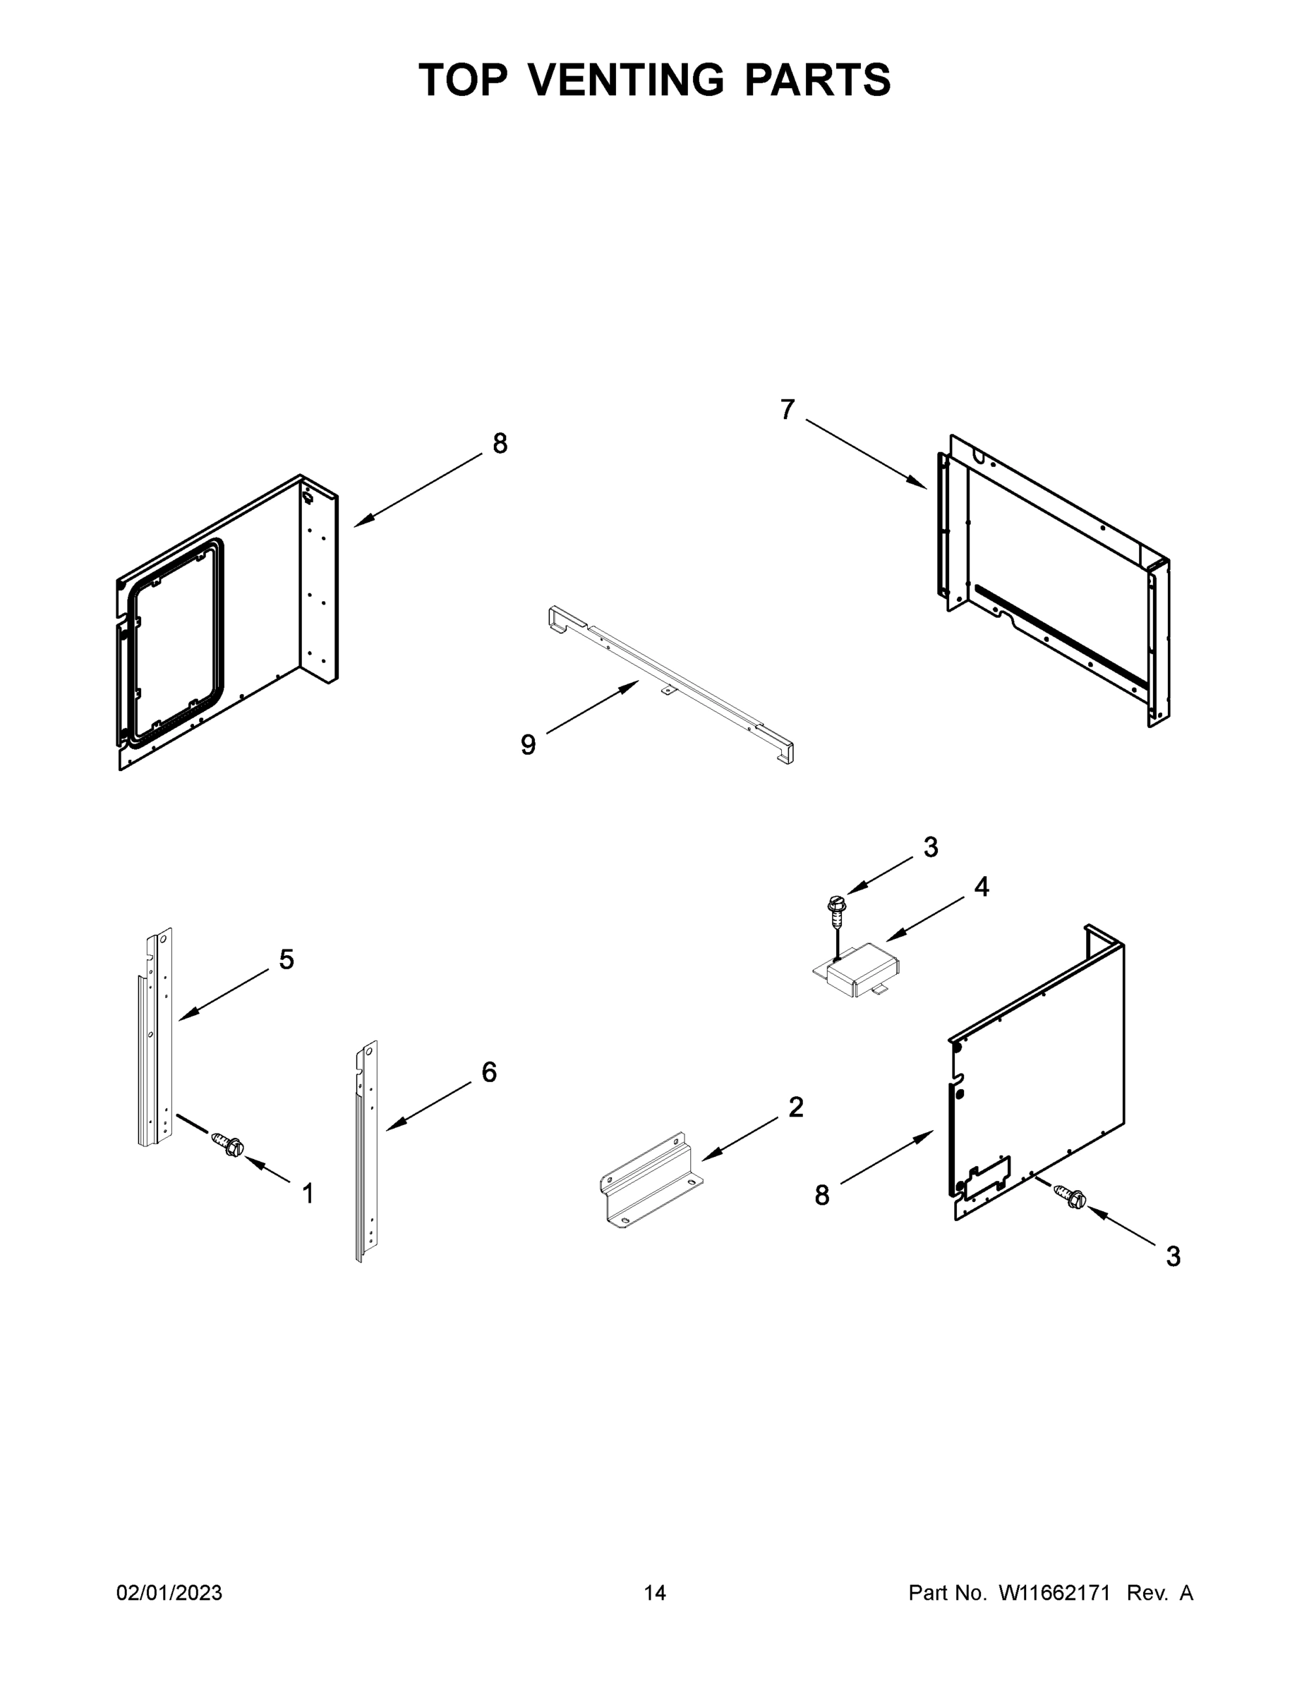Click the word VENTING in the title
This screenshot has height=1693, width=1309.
pos(627,80)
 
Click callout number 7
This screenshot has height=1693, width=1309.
pos(787,409)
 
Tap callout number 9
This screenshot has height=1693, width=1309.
pos(528,745)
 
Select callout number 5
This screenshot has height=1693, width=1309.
pos(287,959)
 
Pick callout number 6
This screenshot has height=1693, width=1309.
pos(489,1072)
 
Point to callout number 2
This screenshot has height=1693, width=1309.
pos(797,1108)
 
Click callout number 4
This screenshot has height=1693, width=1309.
pos(982,887)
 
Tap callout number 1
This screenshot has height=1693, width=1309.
pos(308,1194)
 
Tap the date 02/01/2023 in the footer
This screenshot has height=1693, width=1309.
pos(169,1592)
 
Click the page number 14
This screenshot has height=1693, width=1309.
pos(655,1592)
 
